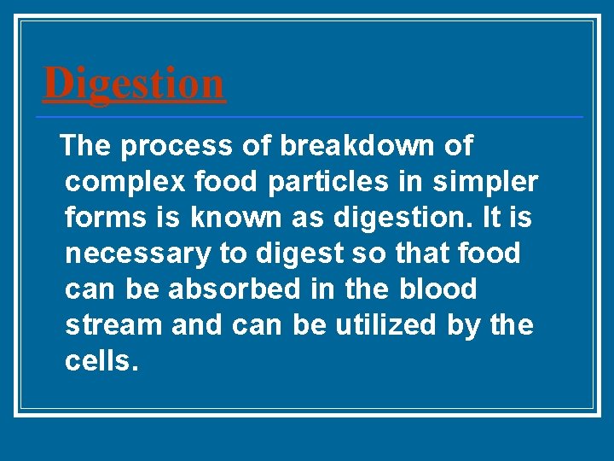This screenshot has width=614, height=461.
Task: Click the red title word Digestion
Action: point(134,84)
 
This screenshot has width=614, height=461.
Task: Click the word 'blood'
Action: point(437,289)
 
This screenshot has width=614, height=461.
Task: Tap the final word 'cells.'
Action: point(101,361)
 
